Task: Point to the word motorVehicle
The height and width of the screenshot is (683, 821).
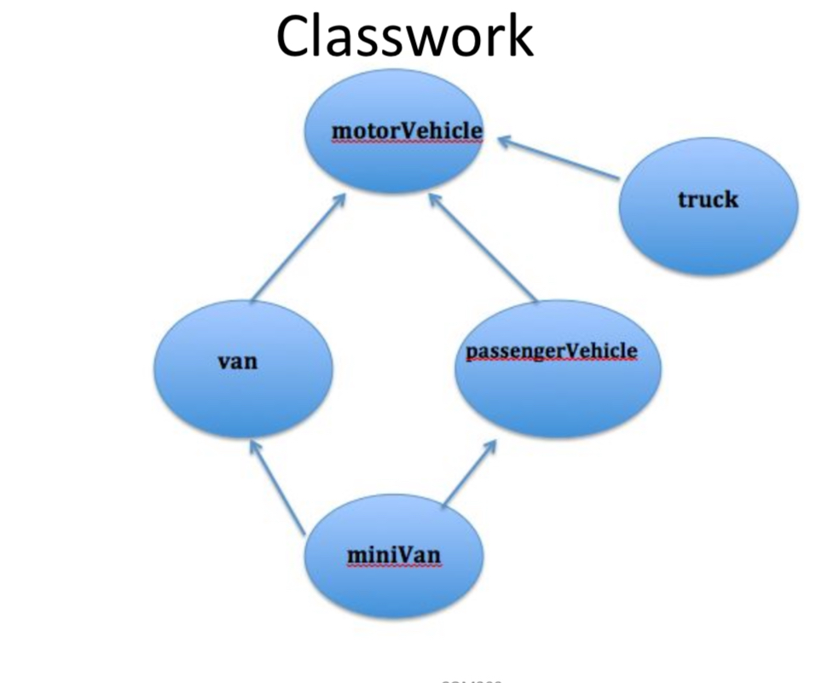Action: click(407, 130)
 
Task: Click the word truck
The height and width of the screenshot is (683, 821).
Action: click(708, 200)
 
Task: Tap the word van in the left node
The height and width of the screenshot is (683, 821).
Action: click(238, 361)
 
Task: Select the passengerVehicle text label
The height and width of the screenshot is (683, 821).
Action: click(552, 350)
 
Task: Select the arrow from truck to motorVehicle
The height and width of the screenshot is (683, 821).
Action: click(558, 158)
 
